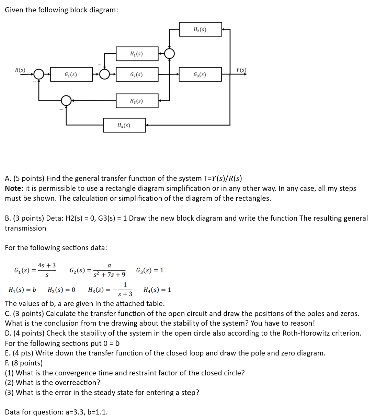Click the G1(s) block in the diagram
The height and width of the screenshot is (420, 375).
pos(71,74)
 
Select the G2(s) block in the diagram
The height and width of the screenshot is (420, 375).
pos(137,74)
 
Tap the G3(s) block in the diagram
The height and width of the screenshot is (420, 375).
pos(200,74)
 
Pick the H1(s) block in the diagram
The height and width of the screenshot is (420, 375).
pos(137,54)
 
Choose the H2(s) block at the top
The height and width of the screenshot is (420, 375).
pos(200,30)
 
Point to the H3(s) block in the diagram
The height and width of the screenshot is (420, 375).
pos(137,101)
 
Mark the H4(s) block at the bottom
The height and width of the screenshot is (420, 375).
pos(124,126)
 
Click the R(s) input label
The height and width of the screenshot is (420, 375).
pos(20,70)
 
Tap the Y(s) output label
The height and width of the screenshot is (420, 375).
pos(241,70)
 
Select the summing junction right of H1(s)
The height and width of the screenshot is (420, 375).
pos(169,54)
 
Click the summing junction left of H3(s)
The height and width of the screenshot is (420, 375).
pos(66,101)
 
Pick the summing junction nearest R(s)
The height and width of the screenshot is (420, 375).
pos(38,74)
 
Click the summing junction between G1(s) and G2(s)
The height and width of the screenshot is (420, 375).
pos(104,74)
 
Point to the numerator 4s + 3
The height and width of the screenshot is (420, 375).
pos(47,265)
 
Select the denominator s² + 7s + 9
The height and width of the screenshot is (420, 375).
pos(109,275)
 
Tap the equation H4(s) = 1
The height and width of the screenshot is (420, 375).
pos(157,290)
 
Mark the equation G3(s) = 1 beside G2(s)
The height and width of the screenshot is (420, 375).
pos(150,270)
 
